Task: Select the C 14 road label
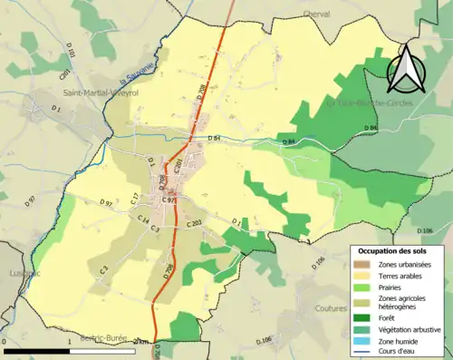click(143, 220)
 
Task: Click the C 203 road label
click(194, 222)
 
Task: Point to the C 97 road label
click(169, 199)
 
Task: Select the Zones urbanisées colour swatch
click(364, 264)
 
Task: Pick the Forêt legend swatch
click(364, 316)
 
